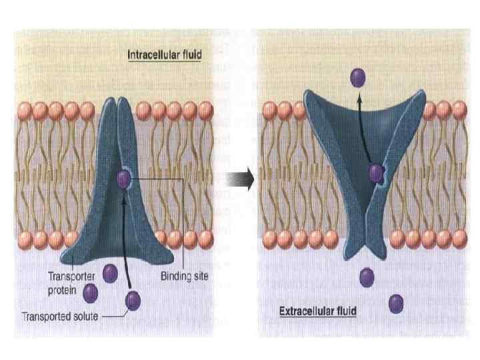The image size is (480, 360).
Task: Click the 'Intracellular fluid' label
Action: click(165, 55)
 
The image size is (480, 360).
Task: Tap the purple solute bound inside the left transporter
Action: click(123, 179)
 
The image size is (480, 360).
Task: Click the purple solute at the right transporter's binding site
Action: click(376, 174)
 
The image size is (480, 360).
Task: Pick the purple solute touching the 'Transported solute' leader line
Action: click(133, 301)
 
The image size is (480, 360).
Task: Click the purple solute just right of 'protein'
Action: click(90, 292)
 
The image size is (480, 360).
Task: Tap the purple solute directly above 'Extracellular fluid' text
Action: click(396, 303)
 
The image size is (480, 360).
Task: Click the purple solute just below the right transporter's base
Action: click(366, 277)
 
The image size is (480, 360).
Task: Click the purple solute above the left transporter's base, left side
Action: click(110, 273)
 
